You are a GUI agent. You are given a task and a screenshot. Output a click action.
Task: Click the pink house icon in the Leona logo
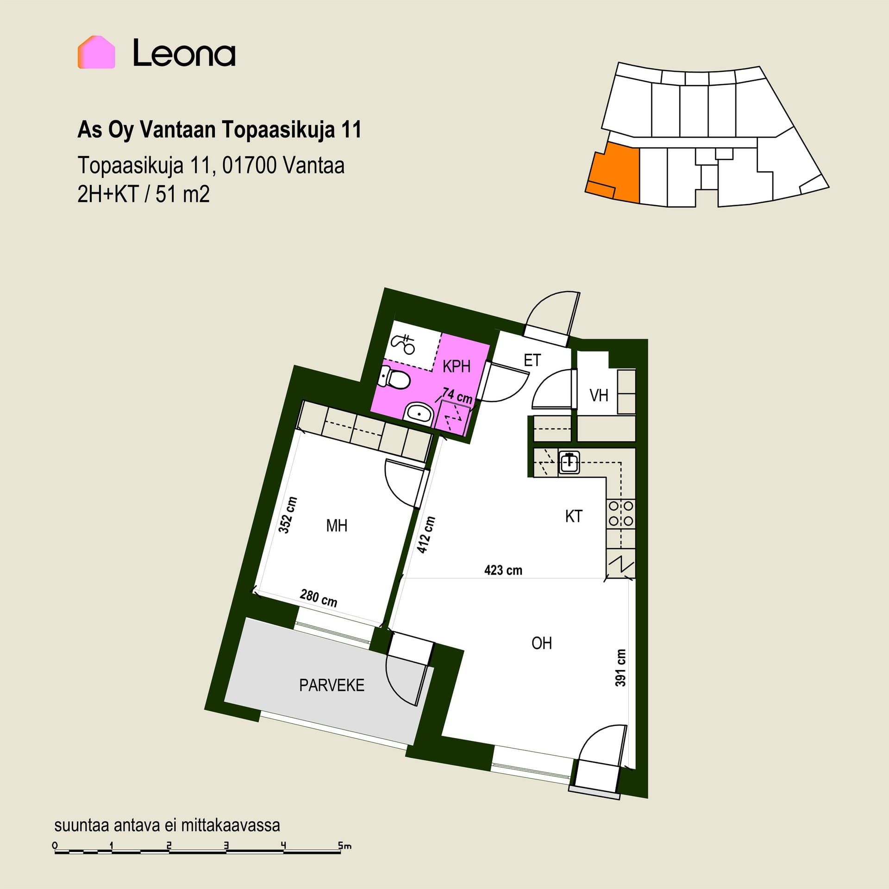[96, 52]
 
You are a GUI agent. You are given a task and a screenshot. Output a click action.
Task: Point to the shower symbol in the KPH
[403, 343]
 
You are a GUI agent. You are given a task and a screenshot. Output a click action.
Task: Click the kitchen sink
[569, 462]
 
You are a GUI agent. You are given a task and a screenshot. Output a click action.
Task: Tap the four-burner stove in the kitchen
[621, 513]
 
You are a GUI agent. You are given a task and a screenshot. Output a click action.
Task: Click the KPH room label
[457, 366]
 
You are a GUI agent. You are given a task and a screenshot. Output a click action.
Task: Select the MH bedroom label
[337, 526]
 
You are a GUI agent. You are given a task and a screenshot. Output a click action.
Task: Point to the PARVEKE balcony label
[332, 685]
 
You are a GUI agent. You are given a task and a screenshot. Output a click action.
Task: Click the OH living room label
[542, 643]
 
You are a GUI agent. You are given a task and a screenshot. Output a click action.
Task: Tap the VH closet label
[599, 395]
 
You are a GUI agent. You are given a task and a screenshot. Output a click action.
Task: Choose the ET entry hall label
[532, 360]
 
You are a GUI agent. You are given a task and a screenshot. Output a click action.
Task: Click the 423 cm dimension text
[503, 570]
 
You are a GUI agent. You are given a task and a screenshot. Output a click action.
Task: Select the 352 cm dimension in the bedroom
[288, 515]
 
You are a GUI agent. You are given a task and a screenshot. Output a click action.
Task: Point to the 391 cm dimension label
[621, 668]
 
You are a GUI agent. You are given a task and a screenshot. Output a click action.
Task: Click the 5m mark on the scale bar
[344, 845]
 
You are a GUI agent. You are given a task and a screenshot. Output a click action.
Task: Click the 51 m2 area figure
[182, 194]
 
